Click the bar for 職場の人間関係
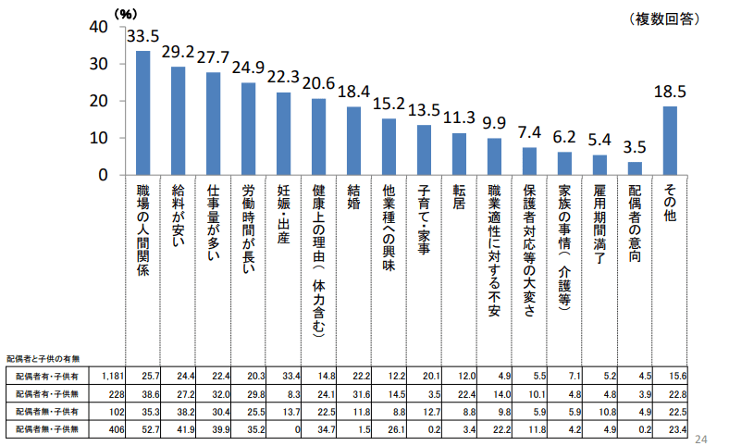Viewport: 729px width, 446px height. (143, 113)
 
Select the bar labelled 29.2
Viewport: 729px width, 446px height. (179, 120)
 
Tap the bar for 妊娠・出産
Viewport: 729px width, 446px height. (284, 133)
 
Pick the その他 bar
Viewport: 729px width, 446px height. (670, 141)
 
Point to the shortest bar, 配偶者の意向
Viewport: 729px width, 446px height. (635, 168)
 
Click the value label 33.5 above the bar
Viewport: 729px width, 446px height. (143, 37)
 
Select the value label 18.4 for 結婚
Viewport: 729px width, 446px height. (354, 92)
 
